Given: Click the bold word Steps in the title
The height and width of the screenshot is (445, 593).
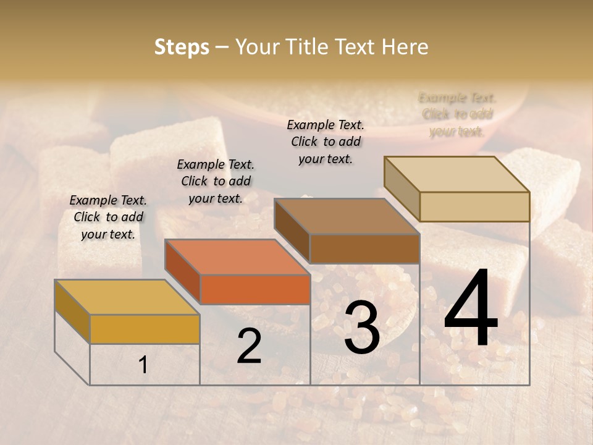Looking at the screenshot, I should pyautogui.click(x=182, y=47).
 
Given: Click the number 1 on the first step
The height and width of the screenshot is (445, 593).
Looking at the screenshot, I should pyautogui.click(x=143, y=365).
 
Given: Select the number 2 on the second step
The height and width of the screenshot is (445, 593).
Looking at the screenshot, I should pyautogui.click(x=249, y=346).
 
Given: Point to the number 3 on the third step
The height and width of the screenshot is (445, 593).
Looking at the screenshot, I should pyautogui.click(x=361, y=328).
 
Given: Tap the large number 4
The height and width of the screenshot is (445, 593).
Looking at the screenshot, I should pyautogui.click(x=471, y=308).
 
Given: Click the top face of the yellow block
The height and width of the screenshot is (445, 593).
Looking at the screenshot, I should pyautogui.click(x=127, y=297).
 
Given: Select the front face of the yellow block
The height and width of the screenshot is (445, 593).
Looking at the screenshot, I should pyautogui.click(x=145, y=329).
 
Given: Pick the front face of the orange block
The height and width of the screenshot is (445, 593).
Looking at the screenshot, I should pyautogui.click(x=255, y=289).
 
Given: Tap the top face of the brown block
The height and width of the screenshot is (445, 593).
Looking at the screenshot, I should pyautogui.click(x=347, y=216).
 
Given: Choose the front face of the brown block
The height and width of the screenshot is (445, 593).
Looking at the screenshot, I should pyautogui.click(x=364, y=248).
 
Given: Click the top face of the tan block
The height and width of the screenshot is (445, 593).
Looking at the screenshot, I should pyautogui.click(x=456, y=174).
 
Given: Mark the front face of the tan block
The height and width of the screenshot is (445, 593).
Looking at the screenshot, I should pyautogui.click(x=474, y=206).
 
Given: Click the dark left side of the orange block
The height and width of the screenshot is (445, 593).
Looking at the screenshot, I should pyautogui.click(x=183, y=271).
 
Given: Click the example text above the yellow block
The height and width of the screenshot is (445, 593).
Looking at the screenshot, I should pyautogui.click(x=108, y=217).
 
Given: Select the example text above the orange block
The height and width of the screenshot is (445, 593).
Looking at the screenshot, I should pyautogui.click(x=216, y=181).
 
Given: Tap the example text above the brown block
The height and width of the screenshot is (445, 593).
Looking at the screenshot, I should pyautogui.click(x=326, y=142).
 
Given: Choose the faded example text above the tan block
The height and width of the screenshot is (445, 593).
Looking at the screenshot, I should pyautogui.click(x=457, y=114).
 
